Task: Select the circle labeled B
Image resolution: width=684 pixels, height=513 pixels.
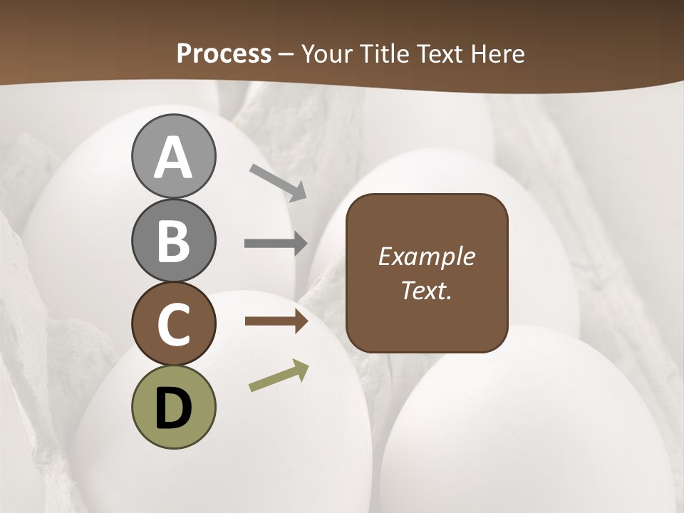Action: point(173,240)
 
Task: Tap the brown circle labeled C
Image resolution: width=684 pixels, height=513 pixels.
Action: point(173,323)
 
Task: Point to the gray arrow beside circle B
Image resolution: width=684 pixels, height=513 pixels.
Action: point(276,244)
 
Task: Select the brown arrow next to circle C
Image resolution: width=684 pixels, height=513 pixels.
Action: point(276,321)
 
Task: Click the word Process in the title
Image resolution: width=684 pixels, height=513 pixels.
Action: point(224,54)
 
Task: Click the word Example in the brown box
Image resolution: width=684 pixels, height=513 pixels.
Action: point(427,256)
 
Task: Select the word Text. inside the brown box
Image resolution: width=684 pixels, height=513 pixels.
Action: point(427,291)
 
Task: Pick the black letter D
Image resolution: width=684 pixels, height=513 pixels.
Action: point(173,408)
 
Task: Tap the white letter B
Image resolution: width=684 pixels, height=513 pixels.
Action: point(173,240)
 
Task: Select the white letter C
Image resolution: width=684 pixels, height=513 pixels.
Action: point(173,323)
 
